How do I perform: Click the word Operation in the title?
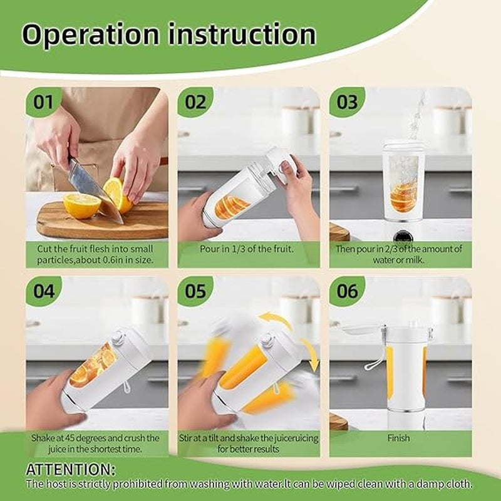click(x=90, y=35)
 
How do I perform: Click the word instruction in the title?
click(x=242, y=34)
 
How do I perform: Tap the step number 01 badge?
click(x=43, y=102)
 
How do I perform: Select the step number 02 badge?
click(x=195, y=102)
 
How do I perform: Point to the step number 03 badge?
click(x=347, y=102)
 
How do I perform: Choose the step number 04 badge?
click(x=44, y=291)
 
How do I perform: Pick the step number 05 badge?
click(x=195, y=291)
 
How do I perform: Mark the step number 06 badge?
click(x=347, y=291)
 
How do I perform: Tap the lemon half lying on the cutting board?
click(x=82, y=206)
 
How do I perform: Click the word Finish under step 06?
click(x=398, y=438)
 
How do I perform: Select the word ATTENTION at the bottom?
click(x=71, y=469)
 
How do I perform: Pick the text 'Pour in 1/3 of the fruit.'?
click(x=246, y=249)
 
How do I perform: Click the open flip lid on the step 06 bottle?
click(x=361, y=329)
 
